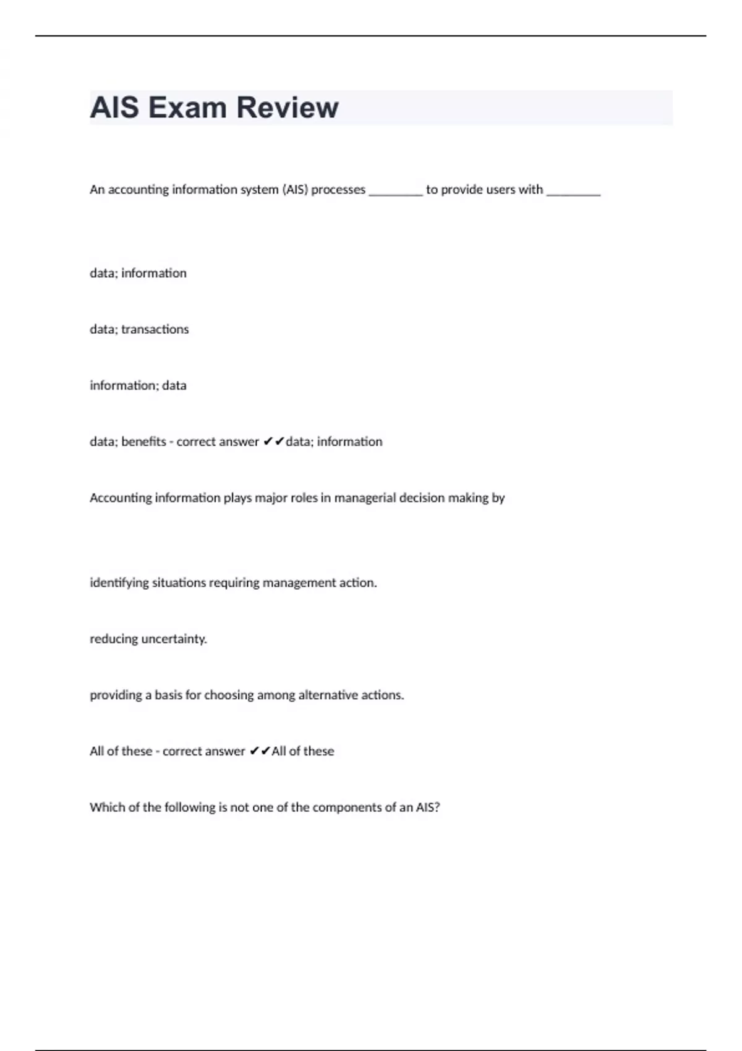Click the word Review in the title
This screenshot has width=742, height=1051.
tap(288, 108)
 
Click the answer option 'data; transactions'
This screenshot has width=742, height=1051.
tap(139, 330)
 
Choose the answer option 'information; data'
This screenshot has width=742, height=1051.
tap(138, 386)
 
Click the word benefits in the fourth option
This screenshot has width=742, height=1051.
tap(143, 442)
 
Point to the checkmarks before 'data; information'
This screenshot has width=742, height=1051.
tap(273, 441)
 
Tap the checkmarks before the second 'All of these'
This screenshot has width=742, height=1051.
tap(260, 751)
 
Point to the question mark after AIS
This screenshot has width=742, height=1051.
tap(437, 807)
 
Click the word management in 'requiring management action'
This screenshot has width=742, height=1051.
tap(299, 583)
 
